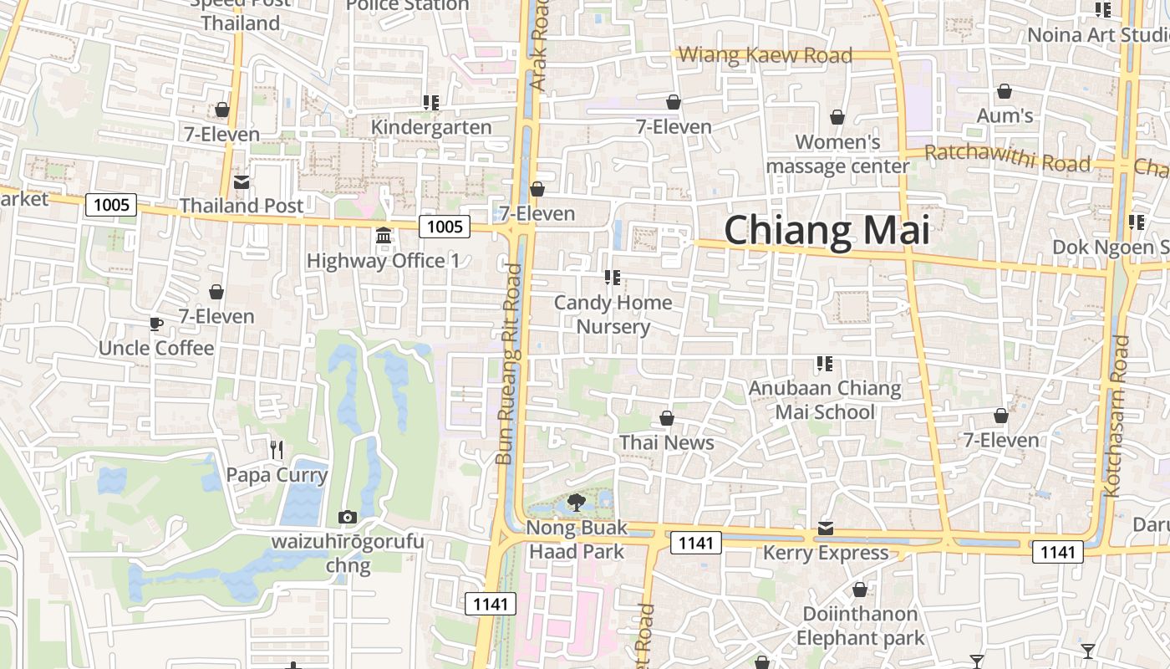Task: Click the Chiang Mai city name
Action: (x=827, y=231)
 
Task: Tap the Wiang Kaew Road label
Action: (x=765, y=56)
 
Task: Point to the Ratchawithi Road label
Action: (x=1007, y=157)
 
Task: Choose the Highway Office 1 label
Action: (x=383, y=261)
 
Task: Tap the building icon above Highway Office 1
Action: (x=384, y=236)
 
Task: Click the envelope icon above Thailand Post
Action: (x=242, y=181)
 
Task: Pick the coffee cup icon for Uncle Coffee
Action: (x=156, y=324)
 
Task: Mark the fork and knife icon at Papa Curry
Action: (x=277, y=450)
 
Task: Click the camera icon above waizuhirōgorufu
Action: (x=348, y=518)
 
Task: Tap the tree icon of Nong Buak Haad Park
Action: (x=576, y=503)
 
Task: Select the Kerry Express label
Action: (x=825, y=553)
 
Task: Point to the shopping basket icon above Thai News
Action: (x=667, y=418)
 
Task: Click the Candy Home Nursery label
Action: (x=613, y=314)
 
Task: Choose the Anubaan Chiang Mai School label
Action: (x=825, y=400)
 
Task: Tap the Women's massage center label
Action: (x=837, y=154)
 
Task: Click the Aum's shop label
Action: (x=1005, y=115)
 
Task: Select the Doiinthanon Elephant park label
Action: (x=860, y=626)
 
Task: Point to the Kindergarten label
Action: (x=431, y=127)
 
